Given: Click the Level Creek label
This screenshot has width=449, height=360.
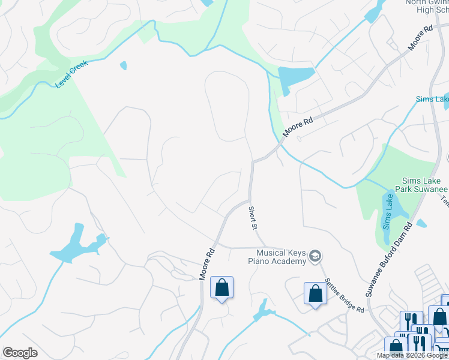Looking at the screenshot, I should pyautogui.click(x=71, y=74).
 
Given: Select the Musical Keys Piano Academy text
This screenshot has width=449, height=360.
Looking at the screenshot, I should pyautogui.click(x=278, y=257).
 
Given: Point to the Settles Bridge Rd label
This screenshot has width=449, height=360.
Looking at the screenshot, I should pyautogui.click(x=345, y=296).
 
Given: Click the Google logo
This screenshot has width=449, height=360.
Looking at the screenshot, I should pyautogui.click(x=20, y=353).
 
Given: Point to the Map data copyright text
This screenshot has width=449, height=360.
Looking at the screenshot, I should pyautogui.click(x=412, y=355).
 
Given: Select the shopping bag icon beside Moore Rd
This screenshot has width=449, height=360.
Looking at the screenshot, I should pyautogui.click(x=221, y=287).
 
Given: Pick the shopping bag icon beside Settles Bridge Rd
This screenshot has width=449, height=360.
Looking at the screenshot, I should pyautogui.click(x=315, y=293).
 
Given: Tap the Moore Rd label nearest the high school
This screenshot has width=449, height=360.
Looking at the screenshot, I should pyautogui.click(x=420, y=38).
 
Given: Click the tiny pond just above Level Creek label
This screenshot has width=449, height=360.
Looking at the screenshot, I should pyautogui.click(x=124, y=65).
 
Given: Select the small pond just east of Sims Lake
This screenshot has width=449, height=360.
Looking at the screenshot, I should pyautogui.click(x=421, y=224).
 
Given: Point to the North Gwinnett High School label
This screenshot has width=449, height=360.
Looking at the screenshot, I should pyautogui.click(x=426, y=6).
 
